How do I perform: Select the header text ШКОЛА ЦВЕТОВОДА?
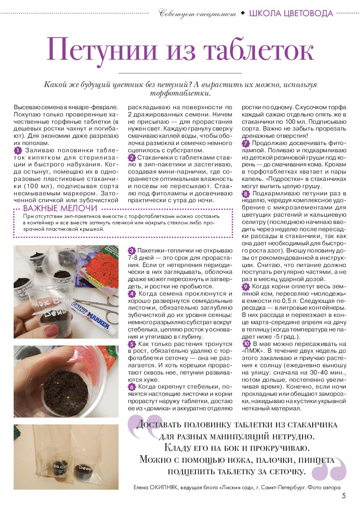point(290,13)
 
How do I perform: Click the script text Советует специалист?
point(197,14)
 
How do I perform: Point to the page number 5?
point(343,496)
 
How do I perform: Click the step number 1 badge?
point(17,151)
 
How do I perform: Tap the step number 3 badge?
point(132,250)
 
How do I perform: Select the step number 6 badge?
point(132,387)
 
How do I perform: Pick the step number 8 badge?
point(246,194)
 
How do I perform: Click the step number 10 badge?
point(246,344)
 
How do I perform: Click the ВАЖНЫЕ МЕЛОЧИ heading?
point(60,209)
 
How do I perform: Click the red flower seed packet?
point(102,269)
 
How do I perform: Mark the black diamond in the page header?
point(243,13)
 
